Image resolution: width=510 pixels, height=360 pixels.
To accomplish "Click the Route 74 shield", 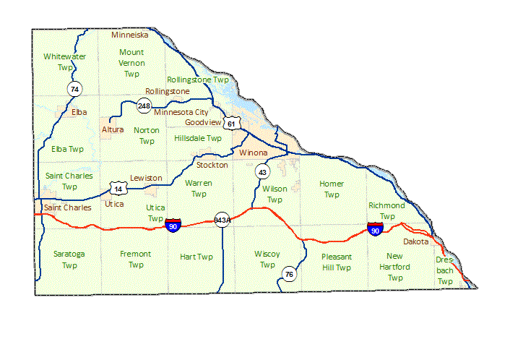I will pyautogui.click(x=74, y=89).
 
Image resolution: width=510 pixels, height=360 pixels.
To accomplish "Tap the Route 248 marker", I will pyautogui.click(x=144, y=106).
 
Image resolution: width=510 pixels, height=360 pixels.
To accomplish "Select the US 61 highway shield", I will pyautogui.click(x=231, y=124).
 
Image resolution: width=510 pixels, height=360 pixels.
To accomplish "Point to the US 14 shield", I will pyautogui.click(x=117, y=189).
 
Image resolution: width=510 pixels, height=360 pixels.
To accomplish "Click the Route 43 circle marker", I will pyautogui.click(x=262, y=172).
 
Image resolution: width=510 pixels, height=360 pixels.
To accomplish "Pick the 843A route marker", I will pyautogui.click(x=222, y=220).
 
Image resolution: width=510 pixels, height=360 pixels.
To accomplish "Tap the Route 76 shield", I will pyautogui.click(x=289, y=274).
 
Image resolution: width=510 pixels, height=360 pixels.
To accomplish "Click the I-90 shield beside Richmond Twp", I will pyautogui.click(x=375, y=229).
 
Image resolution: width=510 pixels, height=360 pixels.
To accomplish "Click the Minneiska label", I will pyautogui.click(x=130, y=35).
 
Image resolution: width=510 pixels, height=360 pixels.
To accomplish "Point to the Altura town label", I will pyautogui.click(x=113, y=129).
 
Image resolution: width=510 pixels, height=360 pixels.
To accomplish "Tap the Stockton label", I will pyautogui.click(x=212, y=165).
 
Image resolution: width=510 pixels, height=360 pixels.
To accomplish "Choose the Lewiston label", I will pyautogui.click(x=146, y=178).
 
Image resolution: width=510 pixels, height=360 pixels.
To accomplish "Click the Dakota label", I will pyautogui.click(x=415, y=241).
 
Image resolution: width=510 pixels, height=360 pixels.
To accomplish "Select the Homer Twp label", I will pyautogui.click(x=332, y=189).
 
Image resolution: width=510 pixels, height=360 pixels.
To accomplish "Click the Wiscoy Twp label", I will pyautogui.click(x=267, y=259).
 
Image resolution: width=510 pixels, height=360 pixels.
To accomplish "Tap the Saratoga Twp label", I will pyautogui.click(x=69, y=259).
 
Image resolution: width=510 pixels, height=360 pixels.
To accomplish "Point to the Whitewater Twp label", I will pyautogui.click(x=64, y=61).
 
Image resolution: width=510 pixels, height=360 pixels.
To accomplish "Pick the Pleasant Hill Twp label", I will pyautogui.click(x=337, y=262).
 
